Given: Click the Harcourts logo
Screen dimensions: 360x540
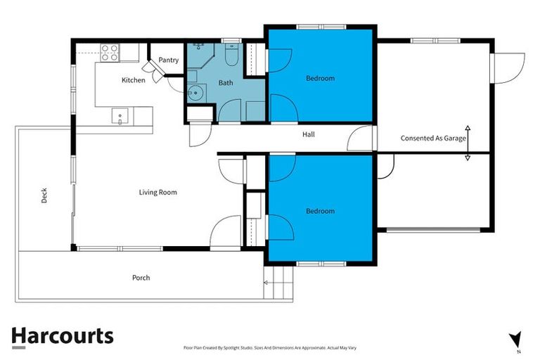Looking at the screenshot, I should [62, 335].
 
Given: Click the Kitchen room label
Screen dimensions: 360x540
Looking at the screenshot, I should [134, 80].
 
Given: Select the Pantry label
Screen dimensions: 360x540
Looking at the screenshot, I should [169, 60].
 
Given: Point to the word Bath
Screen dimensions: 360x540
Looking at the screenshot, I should [226, 83].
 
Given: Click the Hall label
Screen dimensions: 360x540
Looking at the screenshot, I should [308, 134].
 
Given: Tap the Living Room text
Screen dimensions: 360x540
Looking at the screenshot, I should [157, 192].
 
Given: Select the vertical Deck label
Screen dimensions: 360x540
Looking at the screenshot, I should [44, 195].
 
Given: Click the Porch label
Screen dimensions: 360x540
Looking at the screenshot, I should [141, 278].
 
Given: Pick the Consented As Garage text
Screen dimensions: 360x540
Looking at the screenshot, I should [432, 139].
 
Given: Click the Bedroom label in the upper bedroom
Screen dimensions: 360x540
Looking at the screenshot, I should [320, 79].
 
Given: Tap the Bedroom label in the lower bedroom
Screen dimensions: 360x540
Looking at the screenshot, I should [320, 211].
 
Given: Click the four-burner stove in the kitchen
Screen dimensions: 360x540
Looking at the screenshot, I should [110, 51].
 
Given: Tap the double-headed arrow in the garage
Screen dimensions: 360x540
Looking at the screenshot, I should [468, 143].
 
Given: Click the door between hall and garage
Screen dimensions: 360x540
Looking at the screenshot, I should [363, 139].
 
